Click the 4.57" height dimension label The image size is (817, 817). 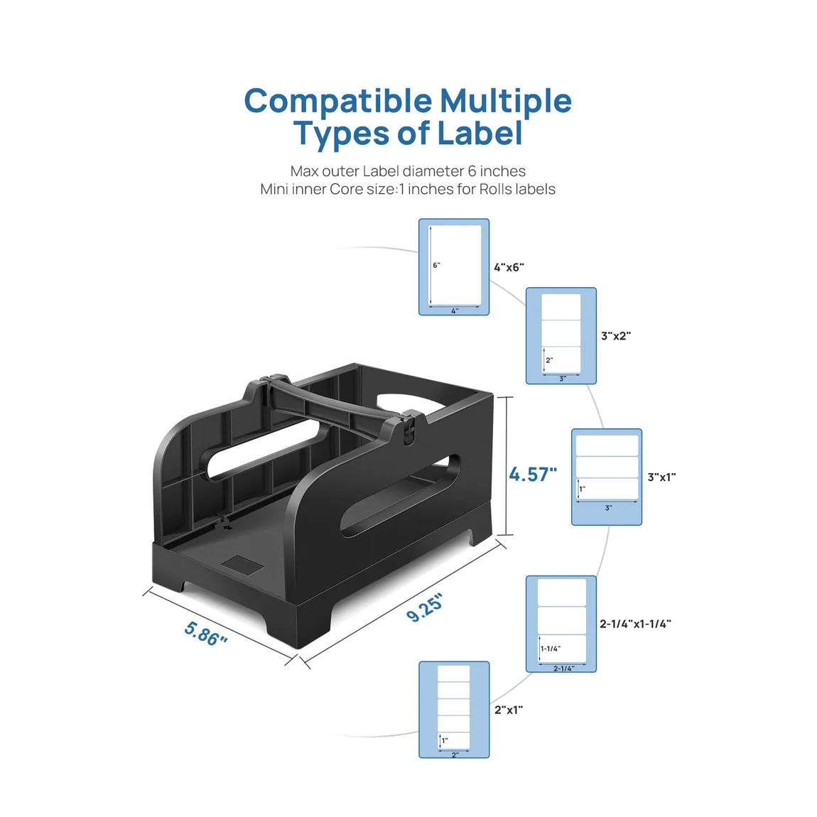pyautogui.click(x=533, y=474)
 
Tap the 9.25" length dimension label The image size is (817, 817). pyautogui.click(x=425, y=607)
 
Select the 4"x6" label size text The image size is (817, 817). pyautogui.click(x=509, y=267)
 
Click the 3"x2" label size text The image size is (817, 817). pyautogui.click(x=616, y=336)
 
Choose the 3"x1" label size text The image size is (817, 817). pyautogui.click(x=661, y=477)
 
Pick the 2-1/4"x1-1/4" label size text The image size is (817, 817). pyautogui.click(x=635, y=624)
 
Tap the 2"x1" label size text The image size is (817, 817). pyautogui.click(x=509, y=710)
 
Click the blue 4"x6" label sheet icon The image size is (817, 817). pyautogui.click(x=454, y=267)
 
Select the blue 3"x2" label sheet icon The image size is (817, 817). pyautogui.click(x=561, y=335)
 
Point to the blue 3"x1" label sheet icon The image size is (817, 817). pyautogui.click(x=607, y=477)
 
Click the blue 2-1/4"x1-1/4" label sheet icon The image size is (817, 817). pyautogui.click(x=561, y=624)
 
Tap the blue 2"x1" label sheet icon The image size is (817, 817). pyautogui.click(x=454, y=710)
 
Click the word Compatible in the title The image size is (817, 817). pyautogui.click(x=338, y=101)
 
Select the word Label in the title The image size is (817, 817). pyautogui.click(x=480, y=133)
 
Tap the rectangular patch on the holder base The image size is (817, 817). pyautogui.click(x=242, y=565)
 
